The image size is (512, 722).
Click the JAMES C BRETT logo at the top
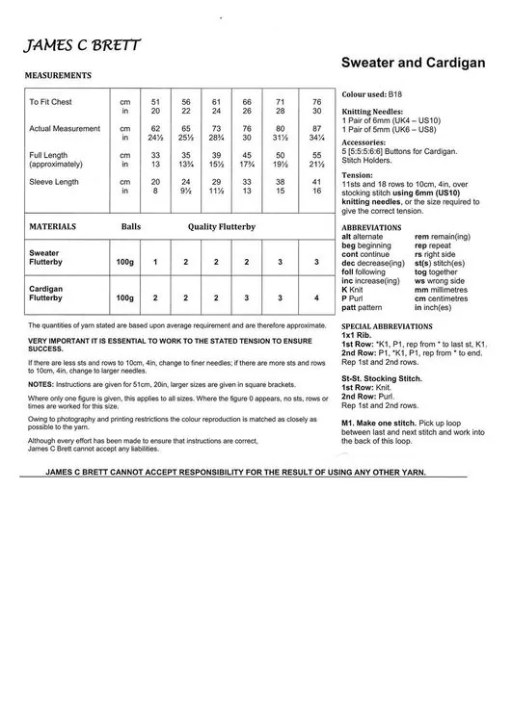coord(82,45)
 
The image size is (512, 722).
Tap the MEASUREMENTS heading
coord(58,74)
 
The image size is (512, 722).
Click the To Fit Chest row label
coord(50,101)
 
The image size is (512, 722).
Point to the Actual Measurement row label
coord(64,128)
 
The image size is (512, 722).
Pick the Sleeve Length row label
coord(54,181)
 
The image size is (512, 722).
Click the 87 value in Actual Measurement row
coord(316,128)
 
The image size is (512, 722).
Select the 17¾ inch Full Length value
coord(247,164)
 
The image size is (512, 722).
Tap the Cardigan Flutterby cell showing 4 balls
coord(316,298)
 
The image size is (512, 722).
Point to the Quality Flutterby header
coord(221,226)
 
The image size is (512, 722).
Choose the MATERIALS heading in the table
coord(53,226)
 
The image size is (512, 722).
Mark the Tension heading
coord(358,176)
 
